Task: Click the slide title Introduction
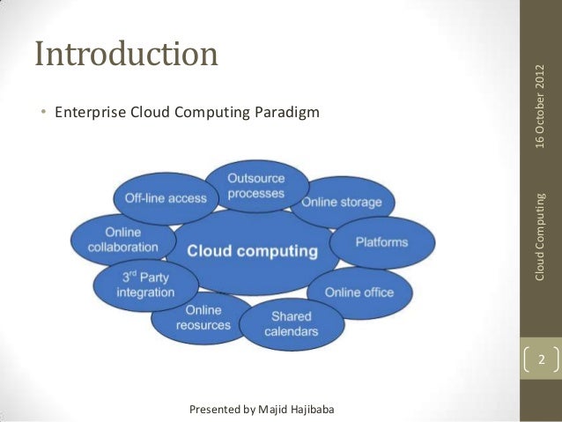point(126,54)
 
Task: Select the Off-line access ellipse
point(165,198)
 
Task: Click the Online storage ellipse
point(342,202)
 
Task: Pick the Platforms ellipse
point(381,241)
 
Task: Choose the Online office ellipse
point(359,292)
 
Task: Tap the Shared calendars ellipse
point(291,324)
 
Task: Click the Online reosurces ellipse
point(203,318)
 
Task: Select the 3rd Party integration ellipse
point(145,285)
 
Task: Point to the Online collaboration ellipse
point(122,240)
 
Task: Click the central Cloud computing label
point(252,251)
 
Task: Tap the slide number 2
point(542,361)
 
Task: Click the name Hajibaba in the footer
point(305,410)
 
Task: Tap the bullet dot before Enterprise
point(44,114)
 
